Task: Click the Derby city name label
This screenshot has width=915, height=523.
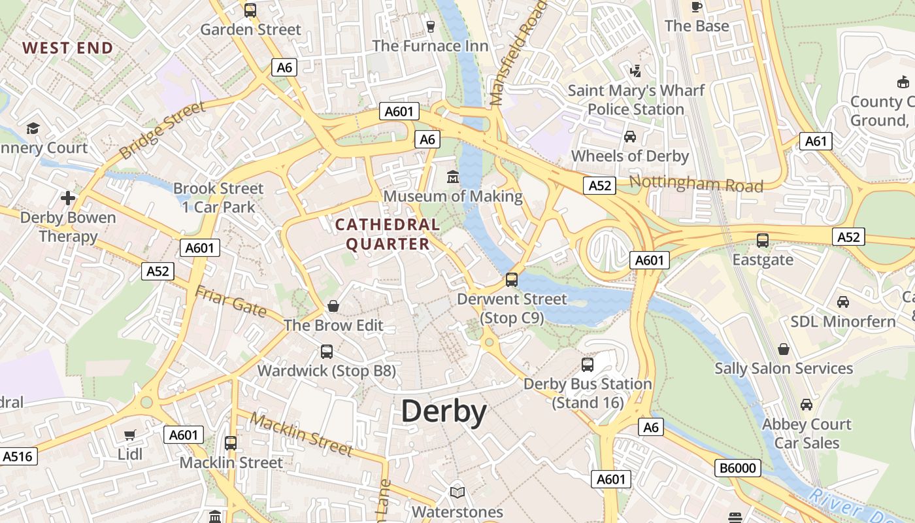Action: (444, 412)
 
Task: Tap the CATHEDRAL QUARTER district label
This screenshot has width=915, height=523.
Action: (388, 234)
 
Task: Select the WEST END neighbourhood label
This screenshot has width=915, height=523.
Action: (68, 48)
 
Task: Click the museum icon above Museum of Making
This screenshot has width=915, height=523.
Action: (452, 177)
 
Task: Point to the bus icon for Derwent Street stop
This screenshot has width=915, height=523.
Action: (512, 280)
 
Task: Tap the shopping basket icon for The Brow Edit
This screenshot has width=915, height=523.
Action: (333, 306)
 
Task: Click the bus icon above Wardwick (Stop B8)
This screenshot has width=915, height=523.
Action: (327, 352)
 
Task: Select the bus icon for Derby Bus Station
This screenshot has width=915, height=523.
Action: (588, 365)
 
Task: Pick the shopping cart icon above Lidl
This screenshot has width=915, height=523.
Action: (130, 435)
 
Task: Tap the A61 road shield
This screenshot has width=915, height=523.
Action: (816, 141)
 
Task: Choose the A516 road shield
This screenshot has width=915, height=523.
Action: (18, 456)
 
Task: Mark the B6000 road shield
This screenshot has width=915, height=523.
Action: (737, 468)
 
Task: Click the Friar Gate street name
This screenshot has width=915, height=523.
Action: (231, 302)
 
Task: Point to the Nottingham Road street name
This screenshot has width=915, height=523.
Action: (696, 184)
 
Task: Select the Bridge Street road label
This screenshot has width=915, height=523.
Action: (163, 131)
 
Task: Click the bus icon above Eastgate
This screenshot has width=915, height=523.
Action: (763, 240)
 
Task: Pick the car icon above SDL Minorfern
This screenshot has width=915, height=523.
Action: (843, 302)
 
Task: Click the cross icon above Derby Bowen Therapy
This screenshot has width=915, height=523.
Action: (68, 197)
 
